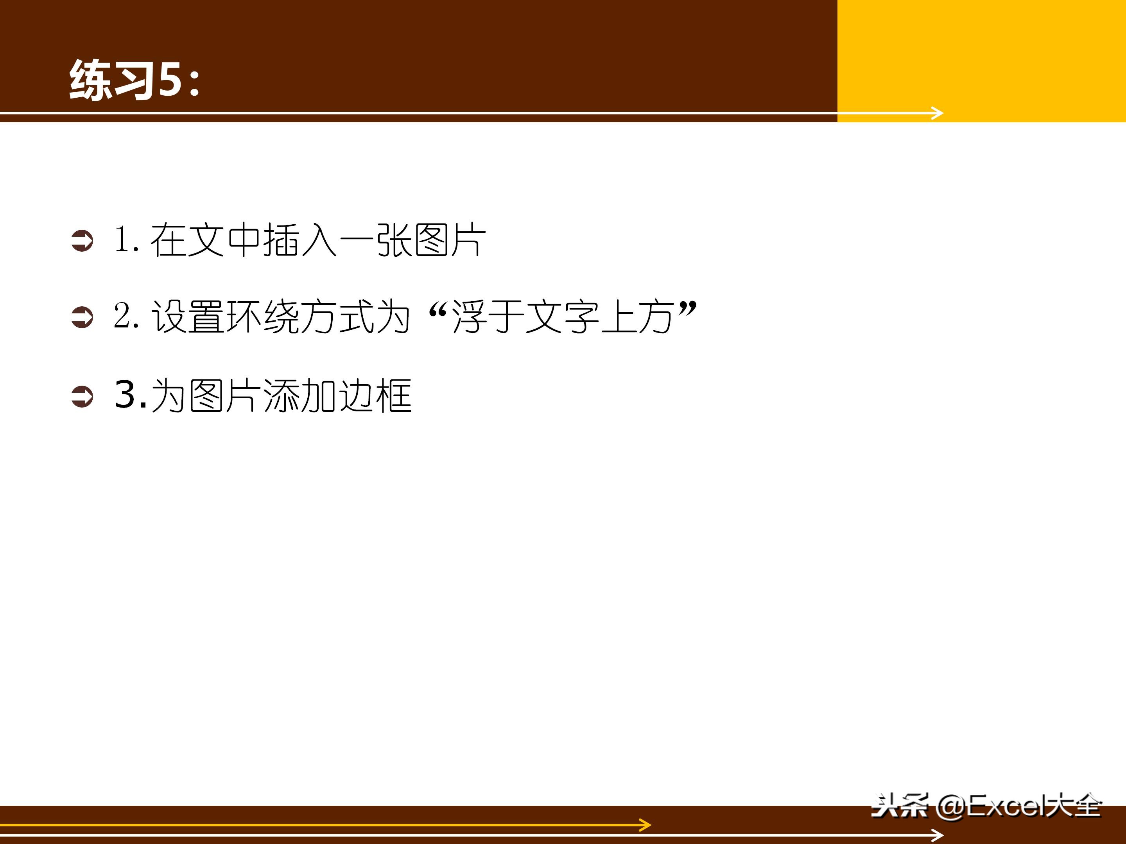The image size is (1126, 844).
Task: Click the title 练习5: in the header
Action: pyautogui.click(x=135, y=79)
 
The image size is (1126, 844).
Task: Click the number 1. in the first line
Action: pyautogui.click(x=126, y=239)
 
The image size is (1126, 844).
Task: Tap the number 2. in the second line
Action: pyautogui.click(x=126, y=316)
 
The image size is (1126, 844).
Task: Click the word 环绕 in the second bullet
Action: pyautogui.click(x=263, y=317)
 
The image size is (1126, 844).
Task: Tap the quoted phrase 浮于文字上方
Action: pyautogui.click(x=563, y=317)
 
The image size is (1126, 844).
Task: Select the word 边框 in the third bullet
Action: pyautogui.click(x=375, y=396)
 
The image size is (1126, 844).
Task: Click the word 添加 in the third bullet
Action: pyautogui.click(x=300, y=396)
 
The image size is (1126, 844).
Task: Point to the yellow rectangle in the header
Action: pyautogui.click(x=981, y=56)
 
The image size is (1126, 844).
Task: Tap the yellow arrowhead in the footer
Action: pyautogui.click(x=645, y=825)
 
